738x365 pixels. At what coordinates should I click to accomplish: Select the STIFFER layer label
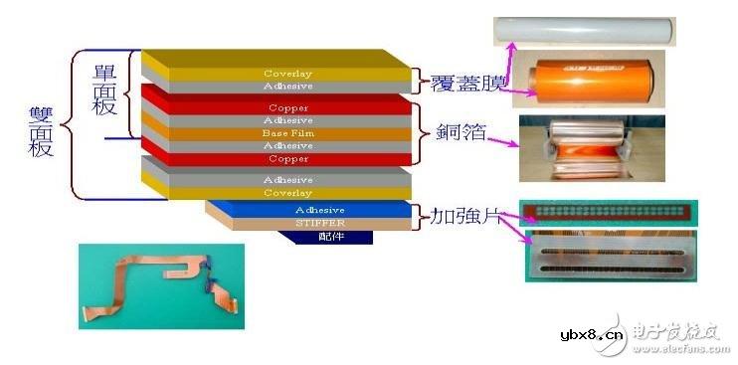(318, 223)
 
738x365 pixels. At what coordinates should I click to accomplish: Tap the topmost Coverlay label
(287, 74)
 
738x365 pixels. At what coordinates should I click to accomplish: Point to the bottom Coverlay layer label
(287, 192)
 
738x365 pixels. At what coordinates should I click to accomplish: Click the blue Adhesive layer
(318, 210)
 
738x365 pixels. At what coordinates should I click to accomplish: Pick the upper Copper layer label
(287, 107)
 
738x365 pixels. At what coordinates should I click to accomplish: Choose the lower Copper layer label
(287, 158)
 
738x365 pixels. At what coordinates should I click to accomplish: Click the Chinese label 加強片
(459, 215)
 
